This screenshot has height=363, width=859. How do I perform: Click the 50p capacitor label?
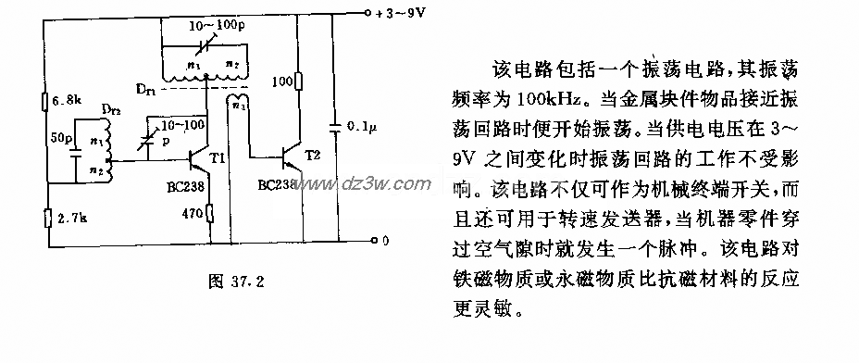61,138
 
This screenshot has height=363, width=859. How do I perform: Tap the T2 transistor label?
317,156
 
